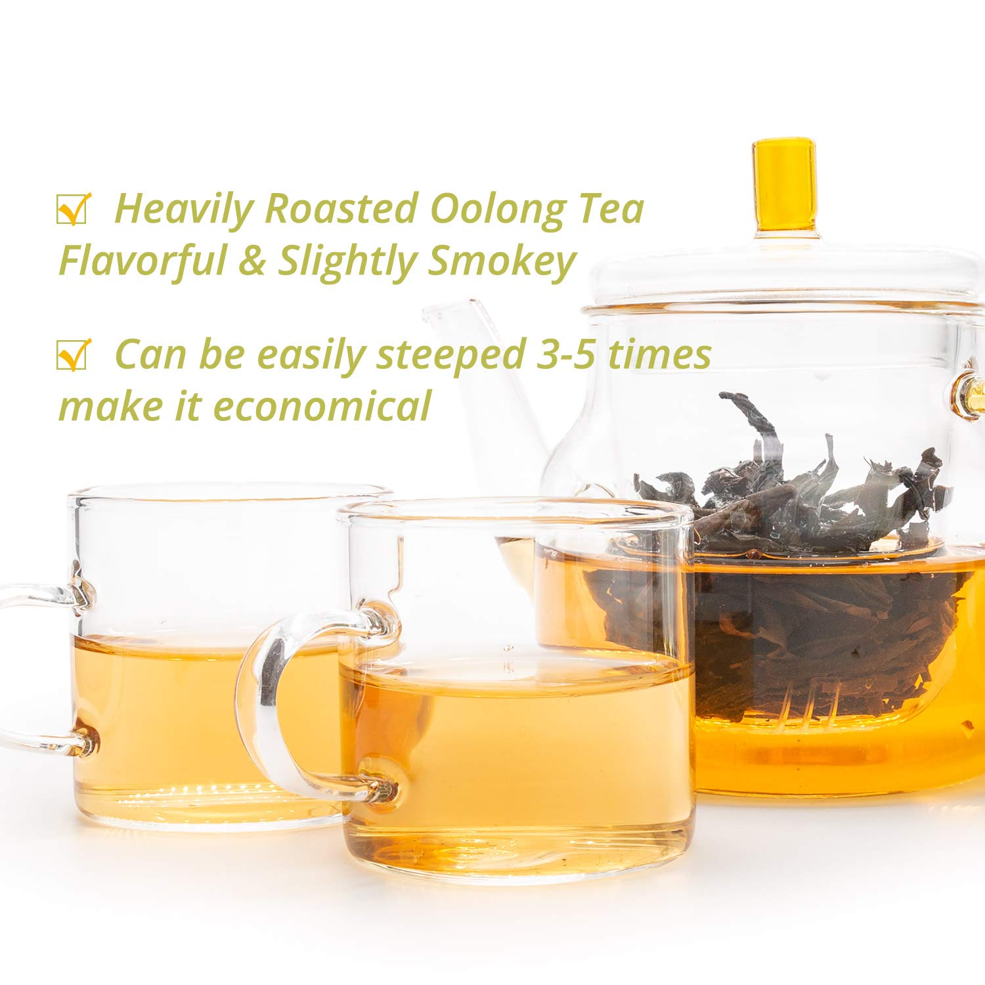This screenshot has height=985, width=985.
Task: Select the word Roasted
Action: (341, 209)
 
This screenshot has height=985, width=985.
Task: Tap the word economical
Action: (322, 405)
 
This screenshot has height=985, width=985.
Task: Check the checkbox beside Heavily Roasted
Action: (73, 209)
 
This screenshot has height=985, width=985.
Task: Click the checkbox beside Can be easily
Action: (73, 355)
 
